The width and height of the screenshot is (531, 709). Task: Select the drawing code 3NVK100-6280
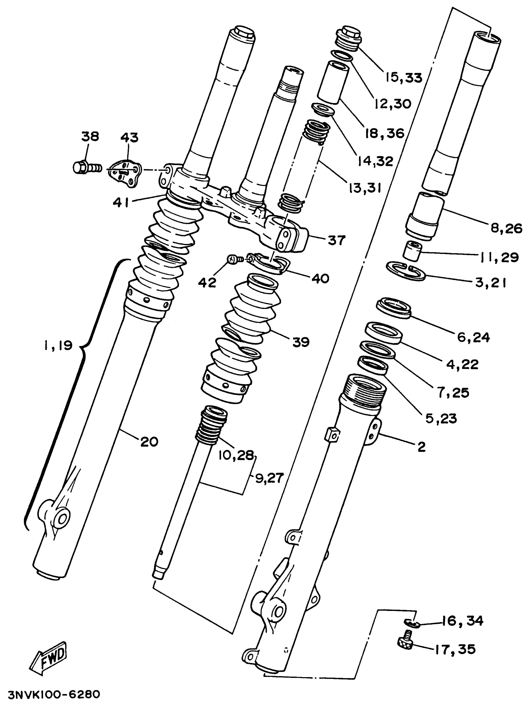(54, 694)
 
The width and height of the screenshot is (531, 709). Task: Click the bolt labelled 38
(86, 168)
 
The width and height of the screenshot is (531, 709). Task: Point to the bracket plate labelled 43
(125, 173)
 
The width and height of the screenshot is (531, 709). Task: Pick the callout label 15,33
(404, 77)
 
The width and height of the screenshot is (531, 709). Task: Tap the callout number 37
(336, 240)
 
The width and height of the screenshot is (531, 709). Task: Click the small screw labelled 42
(233, 259)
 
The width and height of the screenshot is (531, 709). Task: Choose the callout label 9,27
(270, 478)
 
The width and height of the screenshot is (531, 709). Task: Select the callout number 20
(149, 442)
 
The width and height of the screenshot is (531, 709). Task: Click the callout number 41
(121, 202)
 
